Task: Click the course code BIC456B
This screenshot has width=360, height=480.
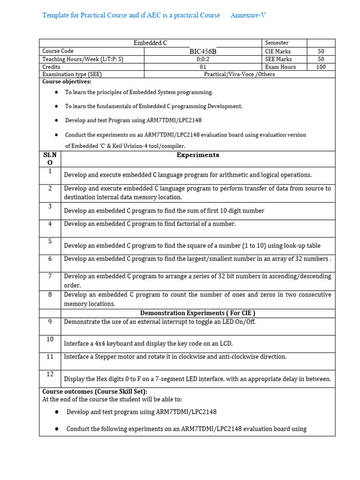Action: [x=203, y=51]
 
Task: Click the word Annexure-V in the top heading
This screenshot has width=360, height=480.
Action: [x=248, y=15]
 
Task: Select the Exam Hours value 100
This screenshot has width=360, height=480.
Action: [x=321, y=67]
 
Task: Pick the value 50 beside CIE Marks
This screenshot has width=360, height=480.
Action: [x=321, y=51]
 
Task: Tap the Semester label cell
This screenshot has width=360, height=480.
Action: [x=277, y=43]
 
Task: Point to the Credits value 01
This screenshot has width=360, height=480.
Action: [x=203, y=67]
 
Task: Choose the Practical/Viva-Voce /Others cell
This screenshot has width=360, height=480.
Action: [x=240, y=74]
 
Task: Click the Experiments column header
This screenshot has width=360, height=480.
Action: [x=197, y=155]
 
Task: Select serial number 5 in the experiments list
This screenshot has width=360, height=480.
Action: [x=50, y=241]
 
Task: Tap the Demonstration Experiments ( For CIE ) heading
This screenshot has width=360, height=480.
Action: [x=197, y=313]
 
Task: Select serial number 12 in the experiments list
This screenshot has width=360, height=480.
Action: [x=50, y=374]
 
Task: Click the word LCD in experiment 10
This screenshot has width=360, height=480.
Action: [x=226, y=344]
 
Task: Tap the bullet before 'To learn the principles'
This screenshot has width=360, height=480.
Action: [x=56, y=92]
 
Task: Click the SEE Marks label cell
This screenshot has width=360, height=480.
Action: [x=278, y=59]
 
